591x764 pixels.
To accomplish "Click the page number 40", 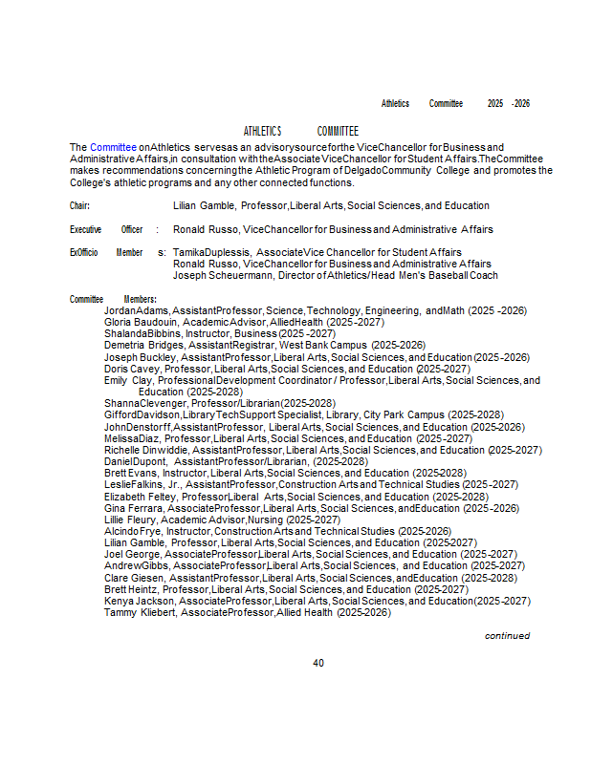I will click(x=318, y=663).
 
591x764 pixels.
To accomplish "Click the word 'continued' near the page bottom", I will click(x=507, y=635).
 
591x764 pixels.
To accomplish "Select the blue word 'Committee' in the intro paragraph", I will click(x=114, y=147).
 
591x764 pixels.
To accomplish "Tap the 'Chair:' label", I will click(x=80, y=205).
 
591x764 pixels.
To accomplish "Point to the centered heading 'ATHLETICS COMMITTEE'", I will click(x=300, y=131).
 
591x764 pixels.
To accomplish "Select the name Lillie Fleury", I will click(x=130, y=520).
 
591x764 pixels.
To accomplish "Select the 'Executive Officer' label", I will click(x=106, y=230).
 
